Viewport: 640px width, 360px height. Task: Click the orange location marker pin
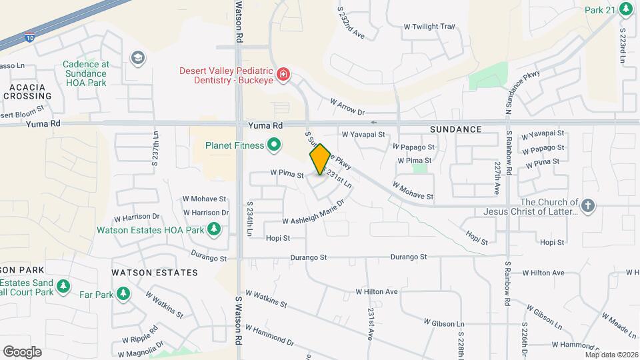[320, 159]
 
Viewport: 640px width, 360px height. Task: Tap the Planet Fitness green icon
[273, 144]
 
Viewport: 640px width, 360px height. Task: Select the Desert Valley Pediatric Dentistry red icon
[283, 73]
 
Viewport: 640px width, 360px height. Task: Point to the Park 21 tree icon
[625, 9]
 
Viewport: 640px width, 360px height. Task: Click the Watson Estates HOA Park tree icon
[214, 230]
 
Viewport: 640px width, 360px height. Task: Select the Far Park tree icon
[122, 293]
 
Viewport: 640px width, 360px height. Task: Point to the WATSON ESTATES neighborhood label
[155, 273]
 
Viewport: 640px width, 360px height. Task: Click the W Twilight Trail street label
[429, 27]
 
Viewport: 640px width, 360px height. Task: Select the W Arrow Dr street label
[348, 107]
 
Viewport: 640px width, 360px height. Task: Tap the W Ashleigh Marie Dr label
[313, 213]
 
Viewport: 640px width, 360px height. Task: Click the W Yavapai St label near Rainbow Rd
[542, 133]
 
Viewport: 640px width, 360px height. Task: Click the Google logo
[22, 352]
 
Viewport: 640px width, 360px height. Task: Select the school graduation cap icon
[138, 57]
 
